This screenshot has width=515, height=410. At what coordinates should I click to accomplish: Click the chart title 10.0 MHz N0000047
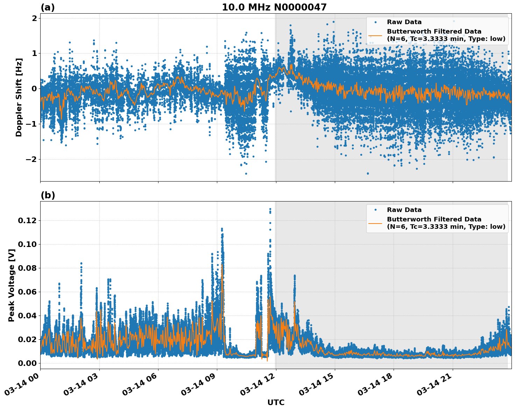pyautogui.click(x=274, y=7)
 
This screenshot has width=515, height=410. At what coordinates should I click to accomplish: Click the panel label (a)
pyautogui.click(x=48, y=7)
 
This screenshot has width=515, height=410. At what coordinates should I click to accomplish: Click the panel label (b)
pyautogui.click(x=48, y=195)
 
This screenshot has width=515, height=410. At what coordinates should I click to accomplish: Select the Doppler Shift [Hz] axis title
pyautogui.click(x=19, y=97)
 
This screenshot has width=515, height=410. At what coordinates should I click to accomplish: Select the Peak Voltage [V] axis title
pyautogui.click(x=12, y=285)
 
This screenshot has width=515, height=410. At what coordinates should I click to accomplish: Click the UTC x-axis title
pyautogui.click(x=276, y=402)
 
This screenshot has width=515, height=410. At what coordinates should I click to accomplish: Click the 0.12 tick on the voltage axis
pyautogui.click(x=27, y=220)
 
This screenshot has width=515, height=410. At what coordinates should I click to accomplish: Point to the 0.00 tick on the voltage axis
pyautogui.click(x=27, y=363)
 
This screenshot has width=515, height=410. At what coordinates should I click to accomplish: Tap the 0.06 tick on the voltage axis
pyautogui.click(x=27, y=292)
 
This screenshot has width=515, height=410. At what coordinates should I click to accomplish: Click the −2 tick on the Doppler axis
pyautogui.click(x=30, y=159)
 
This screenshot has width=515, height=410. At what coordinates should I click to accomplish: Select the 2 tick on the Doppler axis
pyautogui.click(x=34, y=18)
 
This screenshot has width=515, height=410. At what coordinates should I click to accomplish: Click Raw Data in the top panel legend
pyautogui.click(x=404, y=22)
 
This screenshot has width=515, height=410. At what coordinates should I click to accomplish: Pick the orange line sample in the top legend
pyautogui.click(x=375, y=35)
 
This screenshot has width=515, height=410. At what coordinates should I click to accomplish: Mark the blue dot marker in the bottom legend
pyautogui.click(x=375, y=210)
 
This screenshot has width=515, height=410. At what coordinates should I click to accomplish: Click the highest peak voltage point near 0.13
pyautogui.click(x=270, y=209)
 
